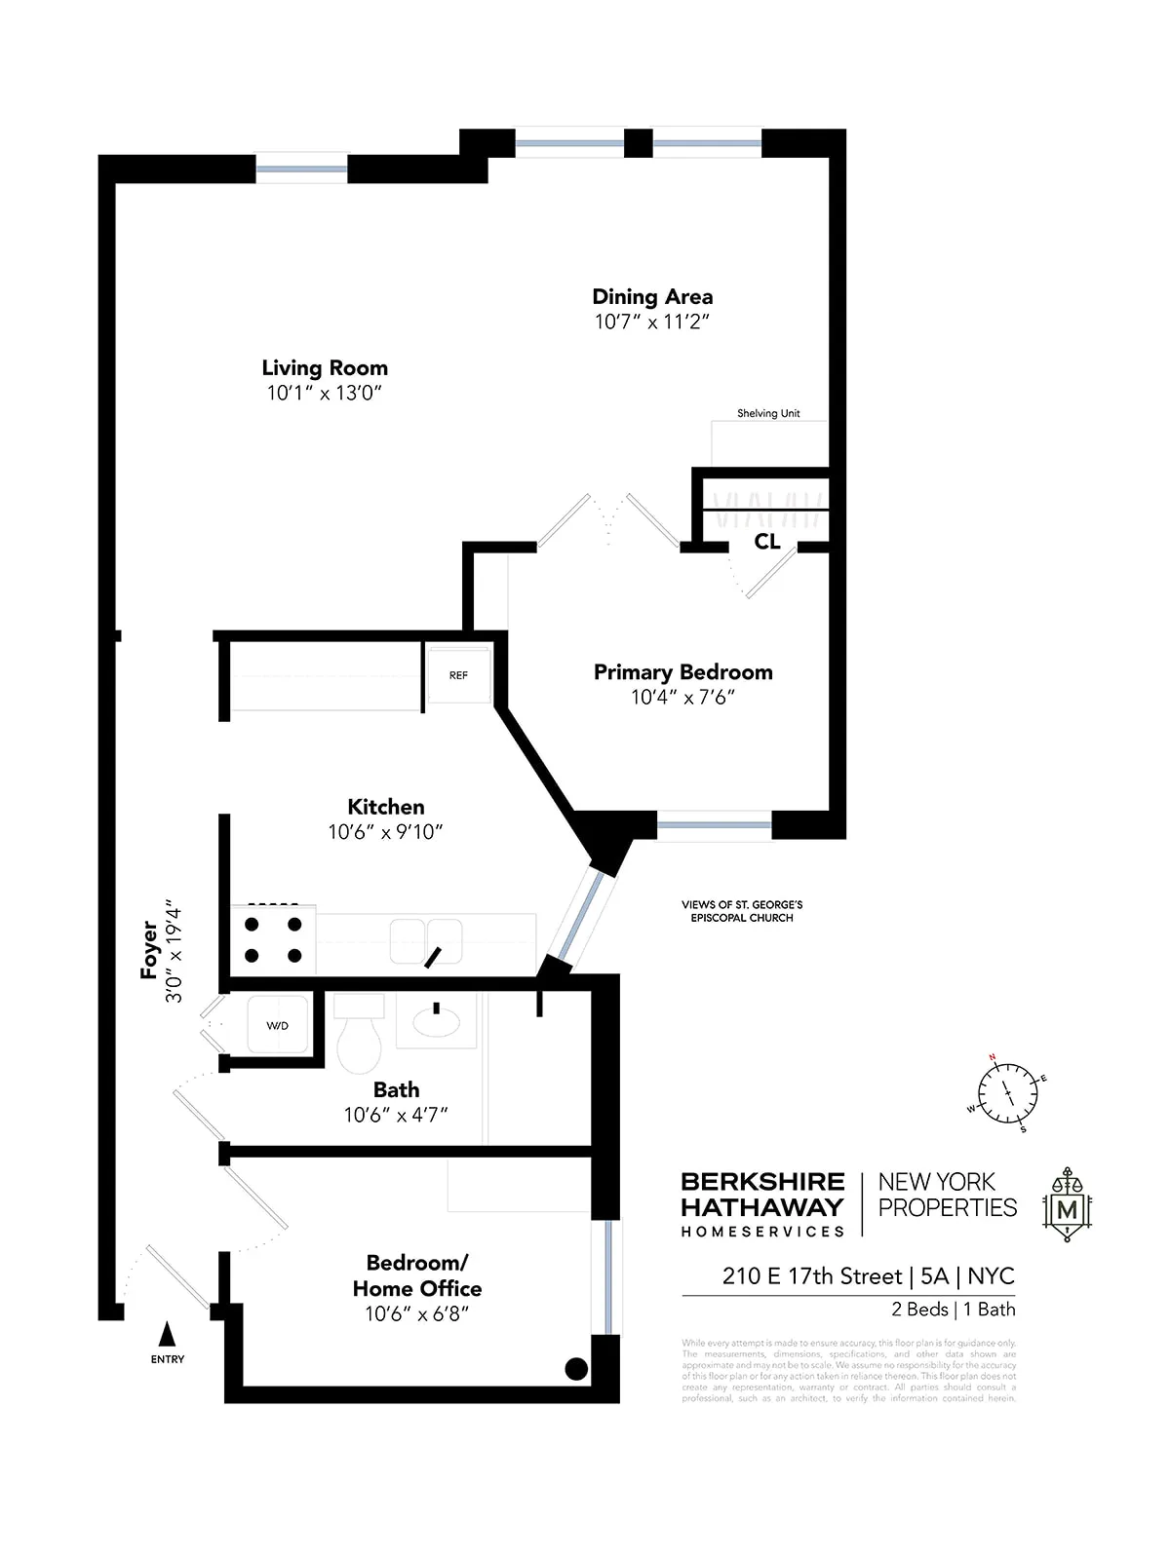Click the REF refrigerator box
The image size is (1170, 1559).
pyautogui.click(x=458, y=675)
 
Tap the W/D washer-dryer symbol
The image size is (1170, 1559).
pyautogui.click(x=278, y=1025)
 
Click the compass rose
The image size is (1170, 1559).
pyautogui.click(x=1009, y=1093)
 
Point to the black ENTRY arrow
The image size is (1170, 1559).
pyautogui.click(x=167, y=1334)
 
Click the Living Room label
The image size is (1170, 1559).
pyautogui.click(x=325, y=368)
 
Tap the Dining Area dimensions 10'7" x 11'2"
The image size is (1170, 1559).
pyautogui.click(x=652, y=322)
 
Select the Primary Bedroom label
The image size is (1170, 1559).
pyautogui.click(x=682, y=672)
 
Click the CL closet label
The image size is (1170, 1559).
pyautogui.click(x=767, y=542)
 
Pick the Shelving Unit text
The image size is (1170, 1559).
pyautogui.click(x=768, y=413)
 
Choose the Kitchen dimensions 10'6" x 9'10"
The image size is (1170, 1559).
pyautogui.click(x=386, y=832)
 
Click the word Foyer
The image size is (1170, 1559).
pyautogui.click(x=149, y=949)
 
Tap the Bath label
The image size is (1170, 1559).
pyautogui.click(x=396, y=1089)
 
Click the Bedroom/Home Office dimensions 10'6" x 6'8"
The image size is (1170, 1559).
pyautogui.click(x=417, y=1313)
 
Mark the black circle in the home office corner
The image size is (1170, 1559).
pyautogui.click(x=576, y=1369)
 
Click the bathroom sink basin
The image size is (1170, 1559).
pyautogui.click(x=437, y=1021)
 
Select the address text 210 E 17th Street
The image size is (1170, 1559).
pyautogui.click(x=811, y=1276)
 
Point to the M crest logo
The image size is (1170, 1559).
pyautogui.click(x=1068, y=1204)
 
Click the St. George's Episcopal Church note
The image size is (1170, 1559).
pyautogui.click(x=742, y=911)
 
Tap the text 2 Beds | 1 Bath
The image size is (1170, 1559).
pyautogui.click(x=953, y=1310)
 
